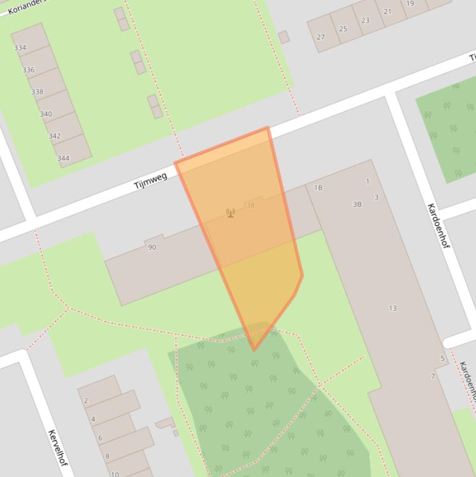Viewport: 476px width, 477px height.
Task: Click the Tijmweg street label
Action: coord(150,181)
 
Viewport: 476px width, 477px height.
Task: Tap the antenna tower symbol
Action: coord(231,213)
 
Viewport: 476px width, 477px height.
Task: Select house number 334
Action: coord(20,48)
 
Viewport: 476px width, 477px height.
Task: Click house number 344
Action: coord(63,158)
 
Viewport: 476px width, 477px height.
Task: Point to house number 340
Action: coord(46,114)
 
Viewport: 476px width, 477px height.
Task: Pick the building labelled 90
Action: coord(152,247)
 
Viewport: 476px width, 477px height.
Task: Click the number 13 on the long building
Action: coord(392,308)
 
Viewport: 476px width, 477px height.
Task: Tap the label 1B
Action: coord(318,188)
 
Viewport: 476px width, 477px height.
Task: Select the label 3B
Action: coord(357,204)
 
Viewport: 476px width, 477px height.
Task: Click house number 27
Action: coord(321,37)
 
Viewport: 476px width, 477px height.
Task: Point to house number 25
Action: coord(343,28)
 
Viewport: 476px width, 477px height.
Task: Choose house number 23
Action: coord(365,20)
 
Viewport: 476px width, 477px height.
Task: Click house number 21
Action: coord(387,12)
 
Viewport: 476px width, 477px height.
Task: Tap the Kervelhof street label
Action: coord(57,448)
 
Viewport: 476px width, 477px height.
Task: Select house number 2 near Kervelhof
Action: coord(85,401)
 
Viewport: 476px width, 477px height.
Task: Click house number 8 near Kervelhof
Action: coord(107,457)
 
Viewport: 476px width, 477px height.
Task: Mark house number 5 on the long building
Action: coord(443,358)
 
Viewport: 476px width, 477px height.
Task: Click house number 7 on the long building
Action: coord(433,376)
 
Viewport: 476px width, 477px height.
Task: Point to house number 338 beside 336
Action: coord(37,92)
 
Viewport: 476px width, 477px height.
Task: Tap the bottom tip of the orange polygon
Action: coord(254,351)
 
